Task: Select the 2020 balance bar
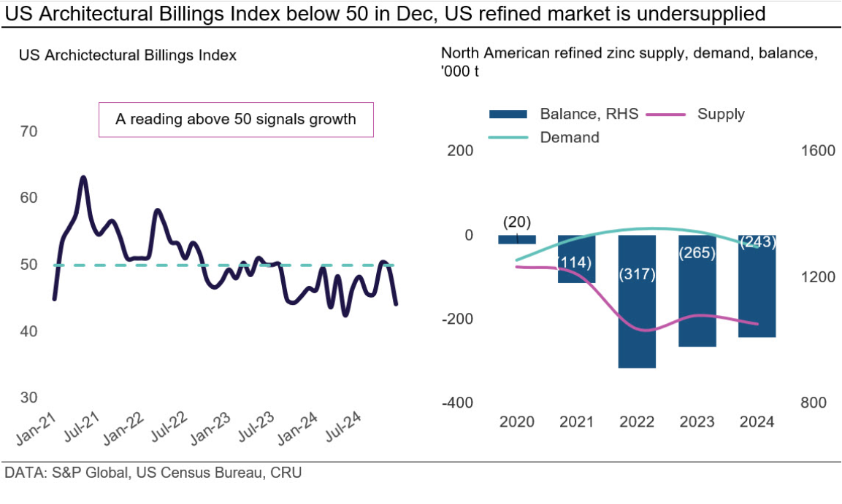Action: point(517,239)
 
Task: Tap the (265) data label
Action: point(697,253)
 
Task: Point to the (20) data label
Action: point(517,222)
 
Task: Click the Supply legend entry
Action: point(720,114)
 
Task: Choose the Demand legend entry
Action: point(569,137)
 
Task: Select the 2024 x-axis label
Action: point(757,422)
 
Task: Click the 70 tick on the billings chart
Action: point(30,132)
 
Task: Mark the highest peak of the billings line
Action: point(83,177)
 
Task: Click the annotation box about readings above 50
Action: point(236,120)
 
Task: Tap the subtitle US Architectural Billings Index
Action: point(128,55)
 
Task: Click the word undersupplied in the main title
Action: point(703,13)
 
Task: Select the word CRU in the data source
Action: point(286,473)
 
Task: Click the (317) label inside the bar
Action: point(637,274)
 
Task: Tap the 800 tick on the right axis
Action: point(815,403)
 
